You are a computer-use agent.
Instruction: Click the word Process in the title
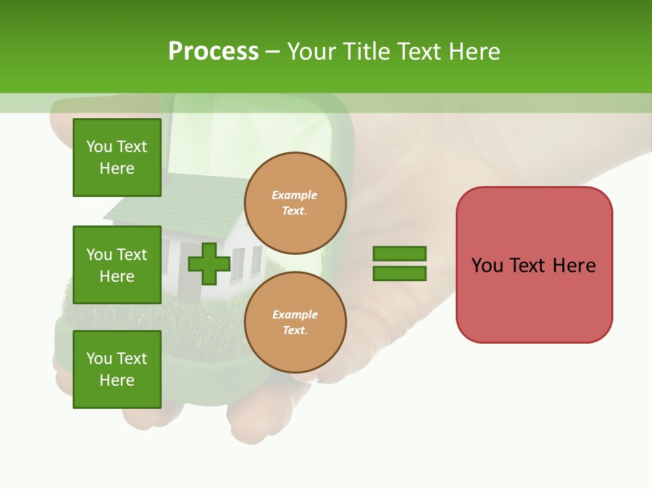tap(213, 52)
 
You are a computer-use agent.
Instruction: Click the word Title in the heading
tap(365, 52)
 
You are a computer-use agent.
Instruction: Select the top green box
tap(117, 158)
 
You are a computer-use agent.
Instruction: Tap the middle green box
tap(117, 265)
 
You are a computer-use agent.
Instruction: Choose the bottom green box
tap(117, 369)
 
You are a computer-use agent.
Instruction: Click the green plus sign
tap(209, 264)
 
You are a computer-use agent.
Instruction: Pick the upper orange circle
tap(295, 203)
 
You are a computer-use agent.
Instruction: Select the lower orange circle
tap(295, 323)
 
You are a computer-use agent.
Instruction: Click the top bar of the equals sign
tap(399, 253)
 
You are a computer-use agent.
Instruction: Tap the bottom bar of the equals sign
tap(399, 274)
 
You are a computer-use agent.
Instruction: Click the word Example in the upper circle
tap(294, 195)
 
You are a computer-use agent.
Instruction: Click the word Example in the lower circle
tap(295, 314)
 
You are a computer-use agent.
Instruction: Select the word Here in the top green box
tap(117, 168)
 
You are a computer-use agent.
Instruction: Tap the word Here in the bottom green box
tap(117, 380)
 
